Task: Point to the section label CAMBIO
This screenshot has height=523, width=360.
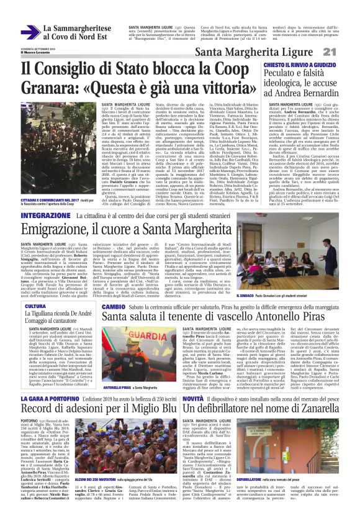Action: click(x=114, y=307)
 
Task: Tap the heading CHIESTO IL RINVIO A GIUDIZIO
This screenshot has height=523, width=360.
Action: click(x=299, y=65)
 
